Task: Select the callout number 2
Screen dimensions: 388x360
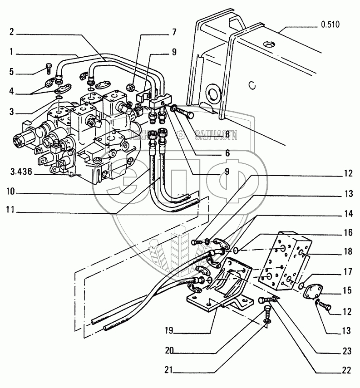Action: [11, 34]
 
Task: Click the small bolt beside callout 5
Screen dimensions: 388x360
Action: [49, 69]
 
